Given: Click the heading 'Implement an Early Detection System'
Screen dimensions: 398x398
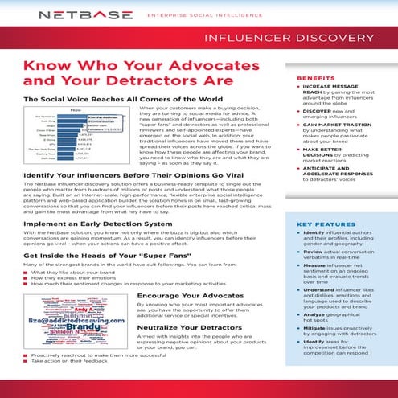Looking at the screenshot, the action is coord(97,224).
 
